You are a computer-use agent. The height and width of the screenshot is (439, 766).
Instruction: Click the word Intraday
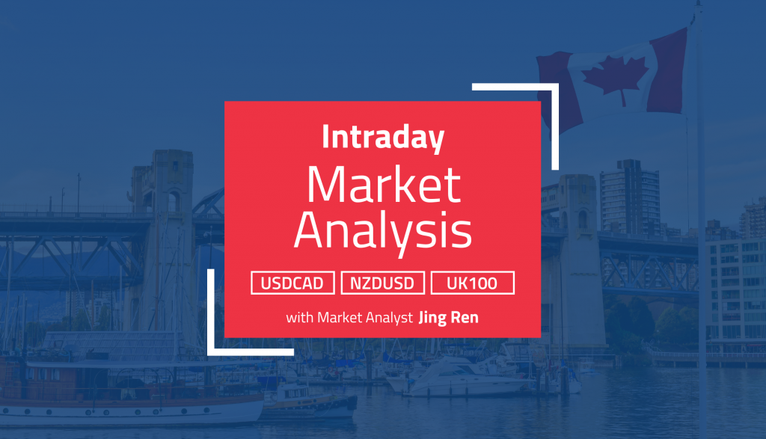point(383,138)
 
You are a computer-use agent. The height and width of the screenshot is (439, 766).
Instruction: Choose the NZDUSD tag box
point(383,283)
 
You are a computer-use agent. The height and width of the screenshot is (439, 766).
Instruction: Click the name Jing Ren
point(449,317)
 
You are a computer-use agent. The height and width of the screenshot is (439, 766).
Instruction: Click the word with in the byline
point(299,317)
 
